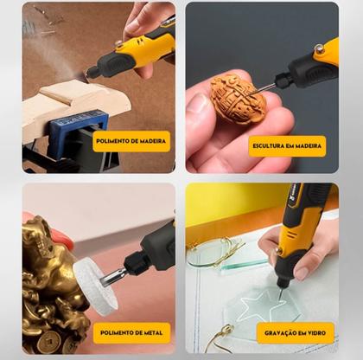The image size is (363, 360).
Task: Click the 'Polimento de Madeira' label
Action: [131, 141]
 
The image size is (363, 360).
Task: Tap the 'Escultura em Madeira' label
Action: [287, 146]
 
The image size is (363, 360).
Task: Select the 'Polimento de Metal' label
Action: [131, 332]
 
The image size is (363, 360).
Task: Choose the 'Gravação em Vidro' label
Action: [295, 333]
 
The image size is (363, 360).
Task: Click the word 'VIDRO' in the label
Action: [316, 333]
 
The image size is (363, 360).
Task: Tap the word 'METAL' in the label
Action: [152, 332]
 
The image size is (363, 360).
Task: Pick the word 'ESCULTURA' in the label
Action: [269, 146]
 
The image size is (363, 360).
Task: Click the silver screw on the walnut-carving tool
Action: [319, 48]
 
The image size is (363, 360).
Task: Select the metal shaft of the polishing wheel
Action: [113, 276]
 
